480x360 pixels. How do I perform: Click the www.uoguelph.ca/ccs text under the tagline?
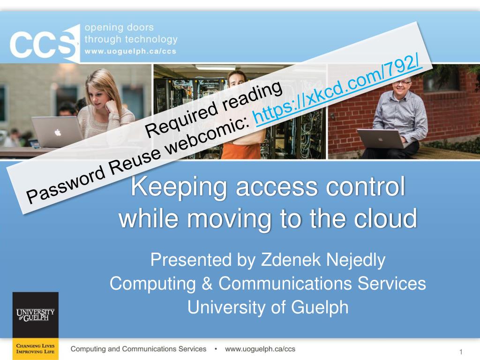[x=130, y=51]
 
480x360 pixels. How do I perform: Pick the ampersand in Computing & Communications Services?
[x=207, y=284]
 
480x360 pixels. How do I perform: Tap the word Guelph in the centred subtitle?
[x=320, y=307]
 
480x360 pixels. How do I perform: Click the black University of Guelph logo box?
[x=36, y=315]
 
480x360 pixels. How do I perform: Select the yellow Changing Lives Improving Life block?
[x=36, y=349]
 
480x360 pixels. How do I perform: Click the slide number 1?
[x=461, y=352]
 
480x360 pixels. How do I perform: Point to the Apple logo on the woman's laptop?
[x=58, y=133]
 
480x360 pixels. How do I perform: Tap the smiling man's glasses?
[x=402, y=82]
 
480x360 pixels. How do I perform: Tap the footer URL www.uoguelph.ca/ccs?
[x=260, y=349]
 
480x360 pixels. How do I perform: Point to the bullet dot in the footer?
[x=216, y=349]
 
